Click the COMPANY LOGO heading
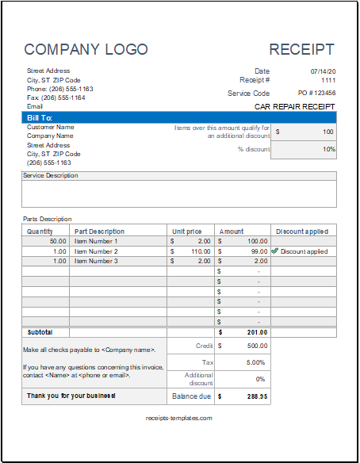click(86, 49)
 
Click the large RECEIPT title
click(301, 49)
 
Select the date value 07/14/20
click(322, 71)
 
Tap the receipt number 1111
click(327, 80)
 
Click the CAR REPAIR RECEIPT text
click(295, 105)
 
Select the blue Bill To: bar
click(179, 117)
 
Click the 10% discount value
click(328, 149)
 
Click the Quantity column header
click(40, 231)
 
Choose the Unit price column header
click(187, 231)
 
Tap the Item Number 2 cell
click(96, 251)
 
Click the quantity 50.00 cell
click(58, 241)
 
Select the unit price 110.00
click(199, 251)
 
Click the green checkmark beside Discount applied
click(275, 251)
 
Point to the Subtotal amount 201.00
click(255, 332)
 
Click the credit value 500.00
click(255, 346)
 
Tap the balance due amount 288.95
click(255, 395)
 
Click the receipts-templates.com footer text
click(179, 418)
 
